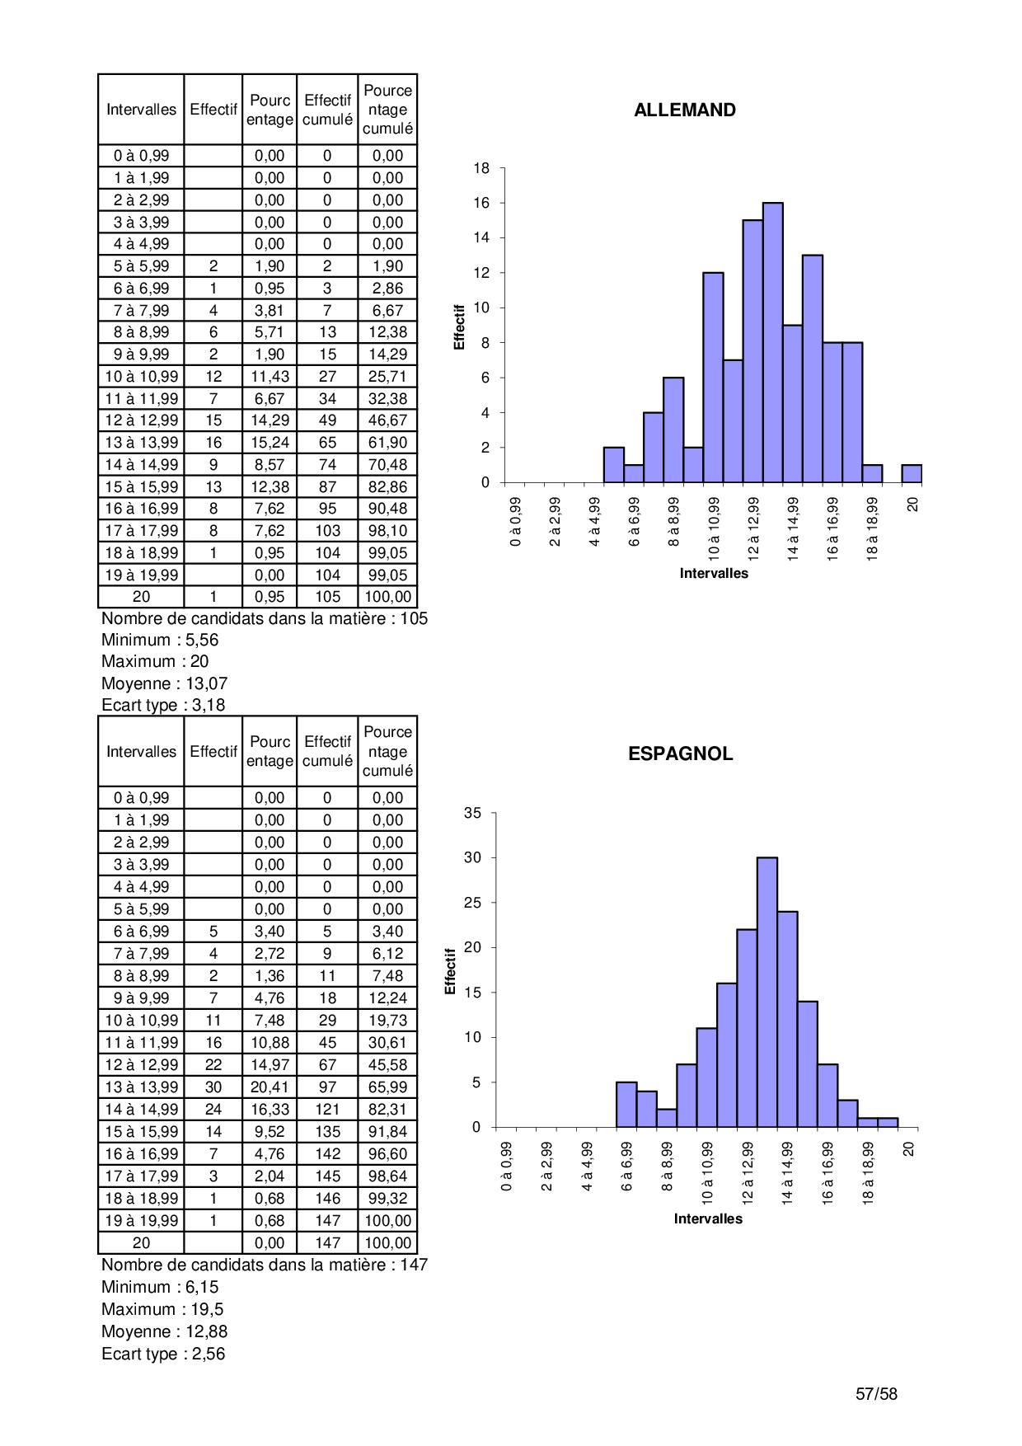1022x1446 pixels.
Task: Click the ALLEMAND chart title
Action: pos(684,110)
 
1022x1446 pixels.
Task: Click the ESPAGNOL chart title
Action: pos(680,754)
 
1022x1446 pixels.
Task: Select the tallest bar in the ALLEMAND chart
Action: pos(772,342)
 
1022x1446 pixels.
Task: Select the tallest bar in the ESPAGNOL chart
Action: pos(766,992)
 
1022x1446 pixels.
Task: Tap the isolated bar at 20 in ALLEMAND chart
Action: pos(911,474)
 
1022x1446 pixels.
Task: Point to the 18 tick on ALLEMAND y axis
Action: pos(481,168)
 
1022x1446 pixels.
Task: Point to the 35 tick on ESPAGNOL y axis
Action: pos(472,813)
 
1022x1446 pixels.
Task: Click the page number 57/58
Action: pos(876,1394)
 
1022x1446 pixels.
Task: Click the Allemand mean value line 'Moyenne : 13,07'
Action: pos(164,683)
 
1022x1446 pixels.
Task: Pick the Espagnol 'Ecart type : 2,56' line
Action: pos(163,1354)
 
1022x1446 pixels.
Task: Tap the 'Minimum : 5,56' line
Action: pos(160,640)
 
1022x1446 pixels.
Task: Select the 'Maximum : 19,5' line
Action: pos(162,1309)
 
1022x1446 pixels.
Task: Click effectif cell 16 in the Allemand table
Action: pos(213,443)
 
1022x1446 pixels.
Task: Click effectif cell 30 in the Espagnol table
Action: pos(213,1087)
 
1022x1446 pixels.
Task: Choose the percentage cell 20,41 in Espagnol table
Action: pos(270,1087)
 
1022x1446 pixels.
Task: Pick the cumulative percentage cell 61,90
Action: pos(387,443)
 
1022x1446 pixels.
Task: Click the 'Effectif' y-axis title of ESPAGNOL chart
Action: pos(450,970)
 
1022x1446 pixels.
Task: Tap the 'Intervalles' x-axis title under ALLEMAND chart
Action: pos(714,573)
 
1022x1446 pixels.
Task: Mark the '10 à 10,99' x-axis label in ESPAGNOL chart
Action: pos(707,1173)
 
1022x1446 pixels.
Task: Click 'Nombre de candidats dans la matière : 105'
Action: pos(264,618)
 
